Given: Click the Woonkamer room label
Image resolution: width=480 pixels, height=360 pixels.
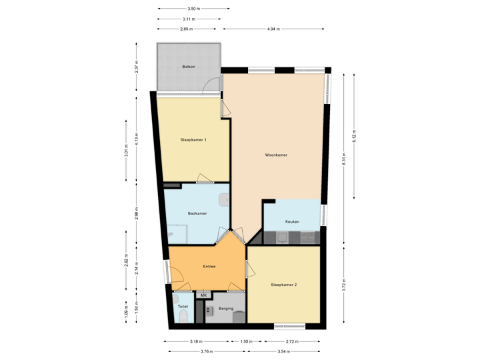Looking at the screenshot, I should click(275, 155).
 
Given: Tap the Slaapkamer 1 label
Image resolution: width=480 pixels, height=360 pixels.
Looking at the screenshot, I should click(193, 140).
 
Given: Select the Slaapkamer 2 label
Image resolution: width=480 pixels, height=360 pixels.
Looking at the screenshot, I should click(283, 285).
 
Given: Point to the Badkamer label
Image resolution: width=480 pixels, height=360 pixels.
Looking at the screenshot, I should click(197, 213).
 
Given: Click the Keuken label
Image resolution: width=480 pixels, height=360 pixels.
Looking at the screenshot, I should click(292, 221).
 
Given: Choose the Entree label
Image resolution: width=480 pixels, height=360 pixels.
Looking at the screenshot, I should click(209, 267).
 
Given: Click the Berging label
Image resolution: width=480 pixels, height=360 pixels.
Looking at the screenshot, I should click(226, 309).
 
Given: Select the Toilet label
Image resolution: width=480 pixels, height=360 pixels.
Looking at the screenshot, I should click(183, 307).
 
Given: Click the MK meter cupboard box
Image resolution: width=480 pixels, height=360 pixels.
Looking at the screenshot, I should click(204, 295).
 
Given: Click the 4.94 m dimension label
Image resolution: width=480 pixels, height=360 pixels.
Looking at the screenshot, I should click(273, 29).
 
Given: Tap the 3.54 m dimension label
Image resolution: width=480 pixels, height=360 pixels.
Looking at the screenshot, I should click(285, 351).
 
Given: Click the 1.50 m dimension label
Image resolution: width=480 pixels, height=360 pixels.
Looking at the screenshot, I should click(247, 341).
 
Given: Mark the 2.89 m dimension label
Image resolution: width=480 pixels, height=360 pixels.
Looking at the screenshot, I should click(186, 29).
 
